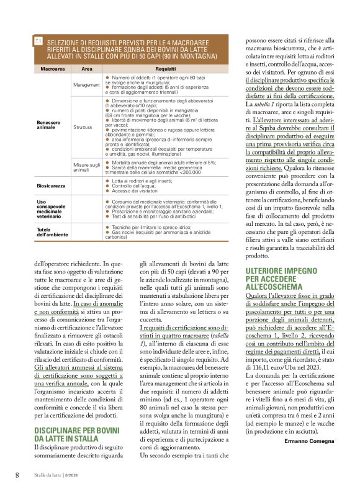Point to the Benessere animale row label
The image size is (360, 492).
point(50,125)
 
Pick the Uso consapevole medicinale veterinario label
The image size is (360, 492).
point(53,209)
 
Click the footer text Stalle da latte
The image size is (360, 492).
point(48,475)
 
